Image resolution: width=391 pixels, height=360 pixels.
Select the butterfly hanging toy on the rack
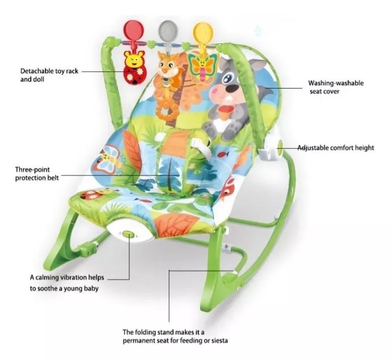click(x=203, y=67)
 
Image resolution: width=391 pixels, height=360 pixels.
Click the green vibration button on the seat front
click(x=128, y=234)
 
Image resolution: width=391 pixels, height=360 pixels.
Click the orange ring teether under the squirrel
click(x=165, y=111)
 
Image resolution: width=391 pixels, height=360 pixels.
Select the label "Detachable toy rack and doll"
click(x=49, y=75)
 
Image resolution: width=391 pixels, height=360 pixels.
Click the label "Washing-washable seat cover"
click(x=336, y=87)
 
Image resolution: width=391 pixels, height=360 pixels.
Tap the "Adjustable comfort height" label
click(x=336, y=148)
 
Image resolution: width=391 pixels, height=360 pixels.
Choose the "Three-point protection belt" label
click(x=37, y=174)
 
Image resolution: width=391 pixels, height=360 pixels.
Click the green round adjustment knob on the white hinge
click(x=280, y=145)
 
